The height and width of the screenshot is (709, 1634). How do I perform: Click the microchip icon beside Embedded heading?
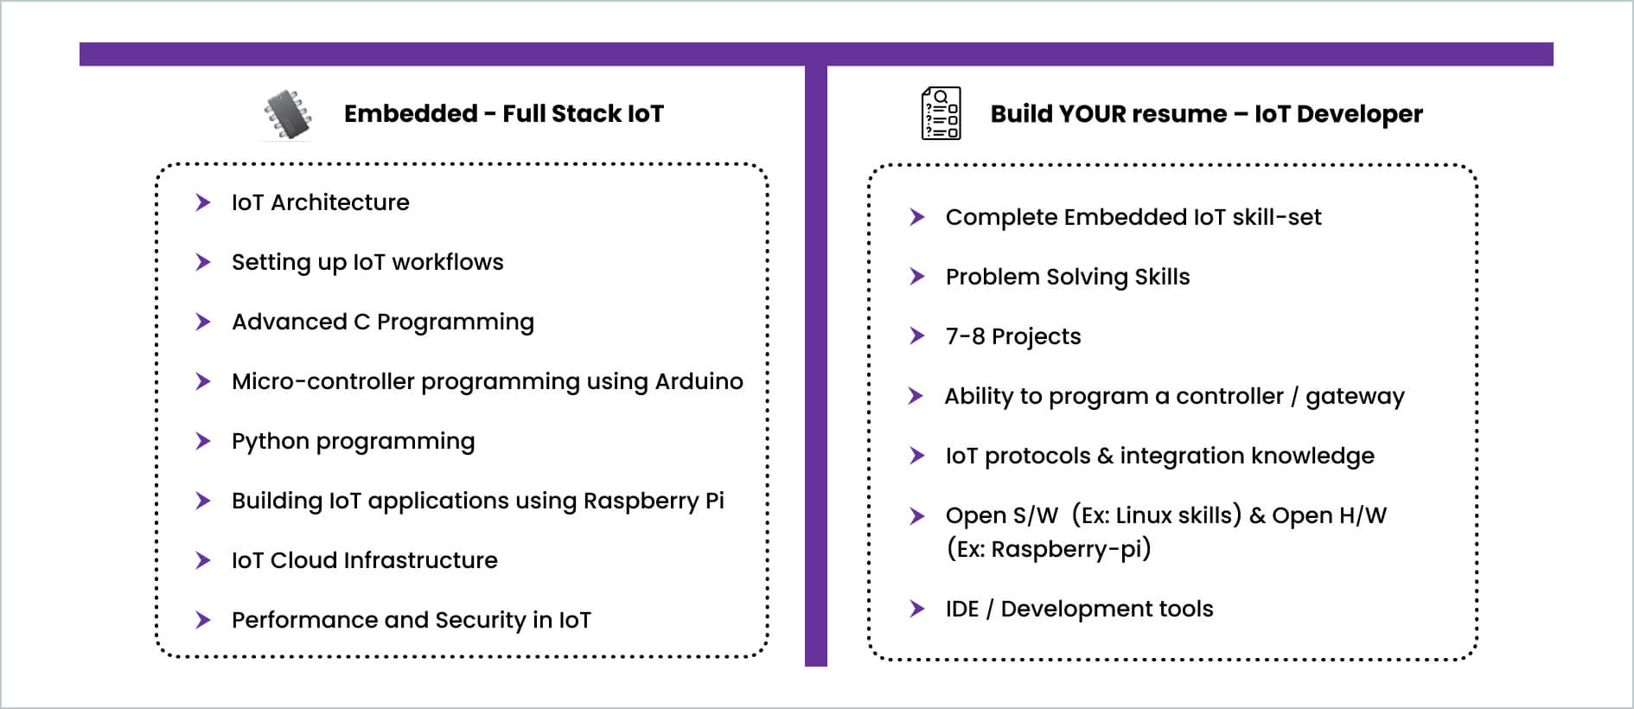coord(288,114)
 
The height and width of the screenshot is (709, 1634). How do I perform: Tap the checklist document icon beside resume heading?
coord(941,113)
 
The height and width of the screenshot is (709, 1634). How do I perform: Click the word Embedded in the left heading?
coord(411,113)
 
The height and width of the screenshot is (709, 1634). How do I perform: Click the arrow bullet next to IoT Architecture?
coord(203,202)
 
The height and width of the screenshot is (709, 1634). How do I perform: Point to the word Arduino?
coord(699,381)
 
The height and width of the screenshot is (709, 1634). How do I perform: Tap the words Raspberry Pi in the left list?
coord(654,501)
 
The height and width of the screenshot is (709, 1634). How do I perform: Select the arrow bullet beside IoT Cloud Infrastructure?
coord(203,560)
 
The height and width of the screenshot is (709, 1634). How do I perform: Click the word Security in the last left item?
coord(480,620)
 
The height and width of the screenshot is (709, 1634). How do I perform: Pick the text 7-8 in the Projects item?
coord(965,336)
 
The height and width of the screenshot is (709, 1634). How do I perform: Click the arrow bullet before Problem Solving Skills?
coord(917,277)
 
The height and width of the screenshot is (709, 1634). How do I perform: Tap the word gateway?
coord(1355,397)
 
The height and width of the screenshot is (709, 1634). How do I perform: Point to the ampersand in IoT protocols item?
coord(1105,456)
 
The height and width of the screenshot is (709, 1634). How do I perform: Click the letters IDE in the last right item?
coord(962,609)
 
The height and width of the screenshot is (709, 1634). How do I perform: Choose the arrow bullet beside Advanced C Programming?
coord(203,322)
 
